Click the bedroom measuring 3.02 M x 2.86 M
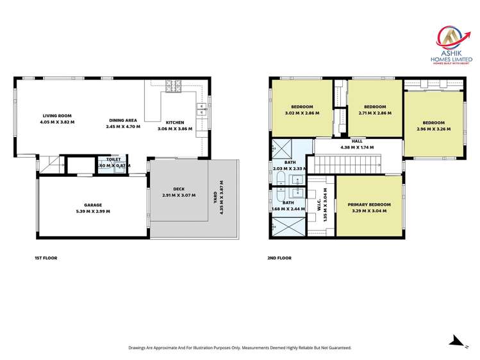click(301, 110)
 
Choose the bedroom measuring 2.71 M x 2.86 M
click(374, 110)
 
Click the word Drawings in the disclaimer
click(139, 348)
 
